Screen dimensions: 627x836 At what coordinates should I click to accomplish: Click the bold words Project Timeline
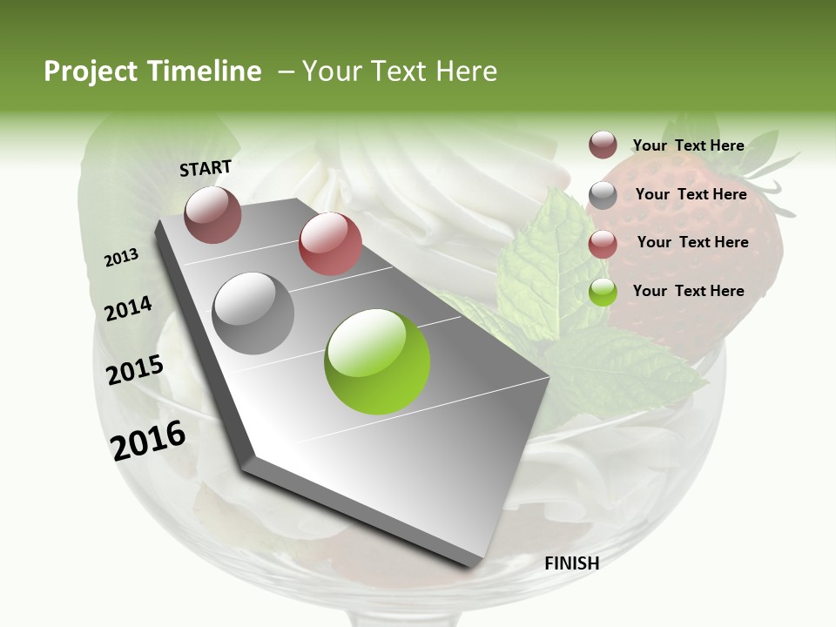tap(152, 71)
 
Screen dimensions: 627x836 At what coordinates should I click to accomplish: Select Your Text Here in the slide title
tap(400, 71)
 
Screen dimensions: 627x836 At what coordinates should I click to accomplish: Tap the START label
tap(206, 168)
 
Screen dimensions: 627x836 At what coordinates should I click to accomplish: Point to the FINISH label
tap(571, 563)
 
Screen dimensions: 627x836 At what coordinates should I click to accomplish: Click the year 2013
tap(122, 257)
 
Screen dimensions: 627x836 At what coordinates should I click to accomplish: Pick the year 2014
tap(129, 308)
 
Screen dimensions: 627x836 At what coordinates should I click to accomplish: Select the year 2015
tap(135, 369)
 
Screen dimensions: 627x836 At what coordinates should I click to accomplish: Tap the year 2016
tap(149, 440)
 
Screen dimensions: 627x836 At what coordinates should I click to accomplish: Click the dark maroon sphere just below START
tap(212, 214)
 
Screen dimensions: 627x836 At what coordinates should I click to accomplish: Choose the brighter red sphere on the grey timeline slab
tap(330, 244)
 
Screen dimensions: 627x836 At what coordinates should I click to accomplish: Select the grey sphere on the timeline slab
tap(253, 313)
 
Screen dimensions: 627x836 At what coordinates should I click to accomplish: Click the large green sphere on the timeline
tap(377, 361)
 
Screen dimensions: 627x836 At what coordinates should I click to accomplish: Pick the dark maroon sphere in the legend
tap(603, 145)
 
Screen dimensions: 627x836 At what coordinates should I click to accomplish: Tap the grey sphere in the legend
tap(603, 195)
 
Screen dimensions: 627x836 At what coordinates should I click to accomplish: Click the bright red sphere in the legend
tap(603, 244)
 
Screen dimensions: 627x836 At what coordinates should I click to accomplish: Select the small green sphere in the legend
tap(603, 293)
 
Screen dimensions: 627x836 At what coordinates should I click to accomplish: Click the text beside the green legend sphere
tap(688, 291)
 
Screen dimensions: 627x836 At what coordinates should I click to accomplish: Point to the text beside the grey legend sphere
tap(691, 194)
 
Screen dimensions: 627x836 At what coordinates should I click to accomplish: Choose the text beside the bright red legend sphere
tap(692, 242)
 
